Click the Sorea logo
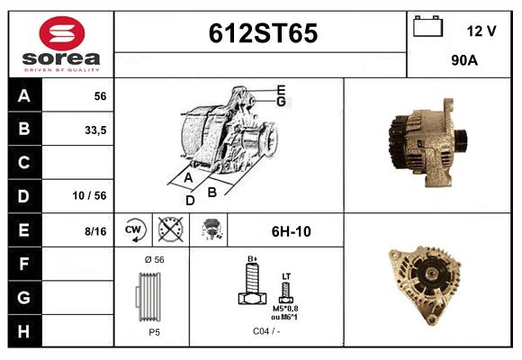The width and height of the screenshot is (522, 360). click(x=61, y=45)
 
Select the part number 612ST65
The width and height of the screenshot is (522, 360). click(x=262, y=33)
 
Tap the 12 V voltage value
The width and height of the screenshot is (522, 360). click(x=481, y=31)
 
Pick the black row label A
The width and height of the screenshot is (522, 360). click(x=24, y=96)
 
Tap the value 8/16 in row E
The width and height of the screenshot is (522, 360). click(x=94, y=231)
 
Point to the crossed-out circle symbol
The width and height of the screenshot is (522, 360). click(x=170, y=230)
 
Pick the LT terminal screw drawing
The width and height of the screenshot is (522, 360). click(x=286, y=290)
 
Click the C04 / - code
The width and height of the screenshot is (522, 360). click(x=265, y=331)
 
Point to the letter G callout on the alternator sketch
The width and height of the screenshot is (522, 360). click(x=281, y=102)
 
